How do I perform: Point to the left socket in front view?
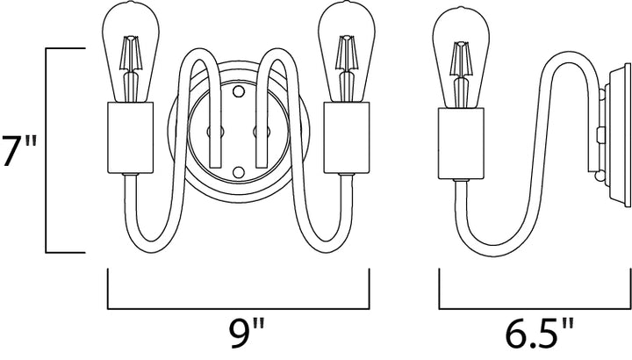(x=130, y=138)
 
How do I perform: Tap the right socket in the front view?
(x=347, y=138)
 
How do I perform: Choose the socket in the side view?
(x=461, y=143)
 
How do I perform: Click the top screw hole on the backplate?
(x=239, y=91)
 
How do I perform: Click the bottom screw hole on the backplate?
(x=239, y=172)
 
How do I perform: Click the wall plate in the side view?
(x=617, y=134)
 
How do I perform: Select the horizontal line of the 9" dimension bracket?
(x=239, y=309)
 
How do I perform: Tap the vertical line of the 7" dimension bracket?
(x=47, y=150)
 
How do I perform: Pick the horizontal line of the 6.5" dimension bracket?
(x=535, y=309)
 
